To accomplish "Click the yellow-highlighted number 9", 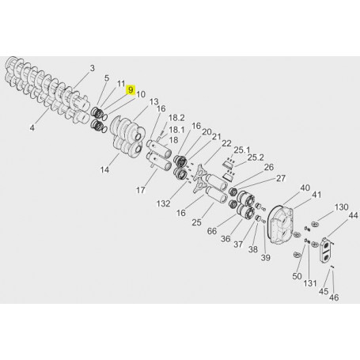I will pos(132,91).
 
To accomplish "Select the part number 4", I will pos(33,127).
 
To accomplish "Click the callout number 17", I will pos(141,190).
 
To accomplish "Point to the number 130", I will pos(341,207).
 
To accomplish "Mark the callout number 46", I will pos(333,297).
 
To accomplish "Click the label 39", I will pos(266,258).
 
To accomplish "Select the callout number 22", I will pos(226,143).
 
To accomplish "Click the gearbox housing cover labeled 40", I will pos(282,224).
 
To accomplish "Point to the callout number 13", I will pos(153,101).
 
